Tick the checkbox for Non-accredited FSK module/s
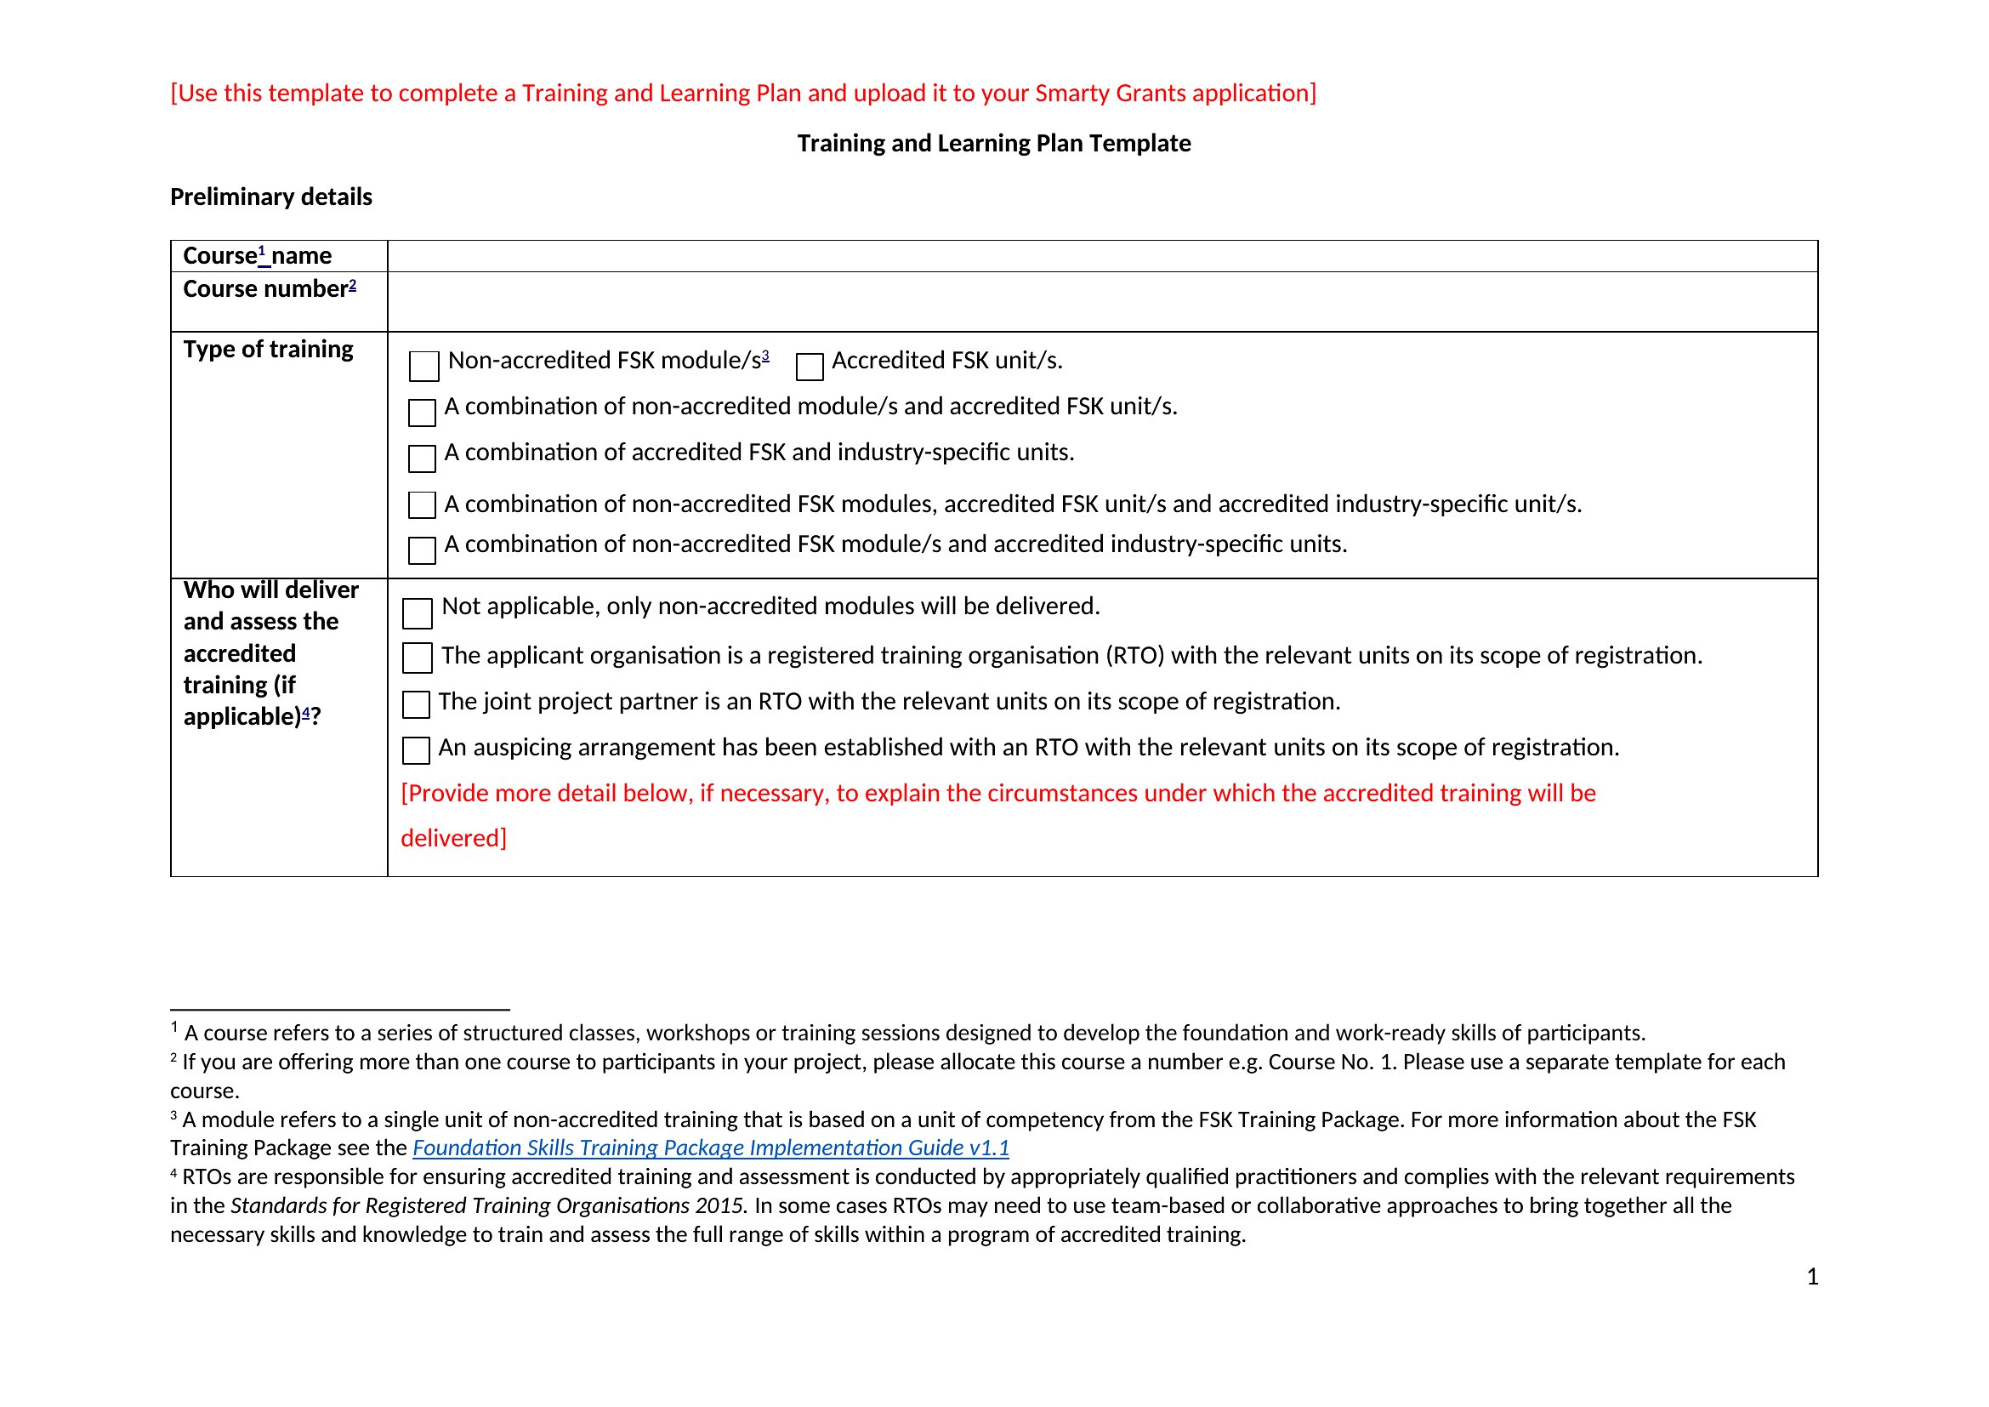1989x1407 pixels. click(x=423, y=366)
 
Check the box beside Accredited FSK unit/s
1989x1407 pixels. click(x=809, y=366)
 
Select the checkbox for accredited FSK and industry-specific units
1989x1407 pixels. click(x=422, y=459)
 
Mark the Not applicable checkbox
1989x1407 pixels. click(x=418, y=612)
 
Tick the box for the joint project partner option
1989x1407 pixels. click(x=417, y=704)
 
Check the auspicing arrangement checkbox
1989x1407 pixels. click(x=417, y=750)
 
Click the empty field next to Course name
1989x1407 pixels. click(x=1102, y=256)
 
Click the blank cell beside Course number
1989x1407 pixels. click(x=1102, y=301)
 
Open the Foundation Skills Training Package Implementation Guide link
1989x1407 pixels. click(x=710, y=1148)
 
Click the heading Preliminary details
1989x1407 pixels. click(x=271, y=197)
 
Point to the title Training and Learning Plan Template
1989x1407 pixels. click(x=993, y=144)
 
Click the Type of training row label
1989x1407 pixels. click(x=269, y=349)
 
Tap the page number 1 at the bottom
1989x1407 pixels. click(x=1812, y=1276)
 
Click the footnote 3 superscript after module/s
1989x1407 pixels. click(x=766, y=356)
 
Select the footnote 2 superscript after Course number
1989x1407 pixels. click(x=353, y=284)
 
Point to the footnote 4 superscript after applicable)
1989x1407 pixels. click(x=306, y=712)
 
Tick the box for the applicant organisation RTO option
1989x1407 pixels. click(x=418, y=658)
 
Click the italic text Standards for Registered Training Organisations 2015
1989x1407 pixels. click(x=489, y=1206)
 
